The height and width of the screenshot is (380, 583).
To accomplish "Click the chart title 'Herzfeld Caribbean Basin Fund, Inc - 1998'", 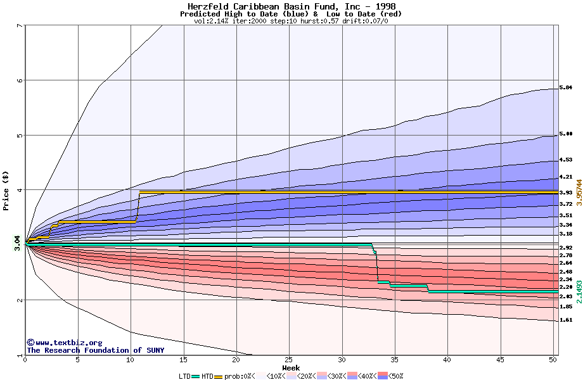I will tap(291, 6).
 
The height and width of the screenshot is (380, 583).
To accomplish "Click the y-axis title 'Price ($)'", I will tap(6, 190).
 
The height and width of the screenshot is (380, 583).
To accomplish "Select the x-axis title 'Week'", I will tap(291, 368).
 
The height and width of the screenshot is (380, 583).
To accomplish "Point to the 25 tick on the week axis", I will tap(289, 360).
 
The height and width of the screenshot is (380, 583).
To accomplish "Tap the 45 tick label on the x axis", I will tap(501, 360).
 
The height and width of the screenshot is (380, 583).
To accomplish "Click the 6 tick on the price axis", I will tap(20, 80).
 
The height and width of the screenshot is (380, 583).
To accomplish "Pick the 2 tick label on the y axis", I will tap(20, 300).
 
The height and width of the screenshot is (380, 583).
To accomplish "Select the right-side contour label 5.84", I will tap(566, 87).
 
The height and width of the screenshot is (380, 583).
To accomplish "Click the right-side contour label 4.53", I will tap(566, 160).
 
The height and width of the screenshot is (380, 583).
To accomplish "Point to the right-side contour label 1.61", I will tap(566, 320).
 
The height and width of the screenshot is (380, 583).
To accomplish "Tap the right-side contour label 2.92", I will tap(566, 248).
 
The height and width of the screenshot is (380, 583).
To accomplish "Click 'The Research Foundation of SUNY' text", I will tap(95, 350).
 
